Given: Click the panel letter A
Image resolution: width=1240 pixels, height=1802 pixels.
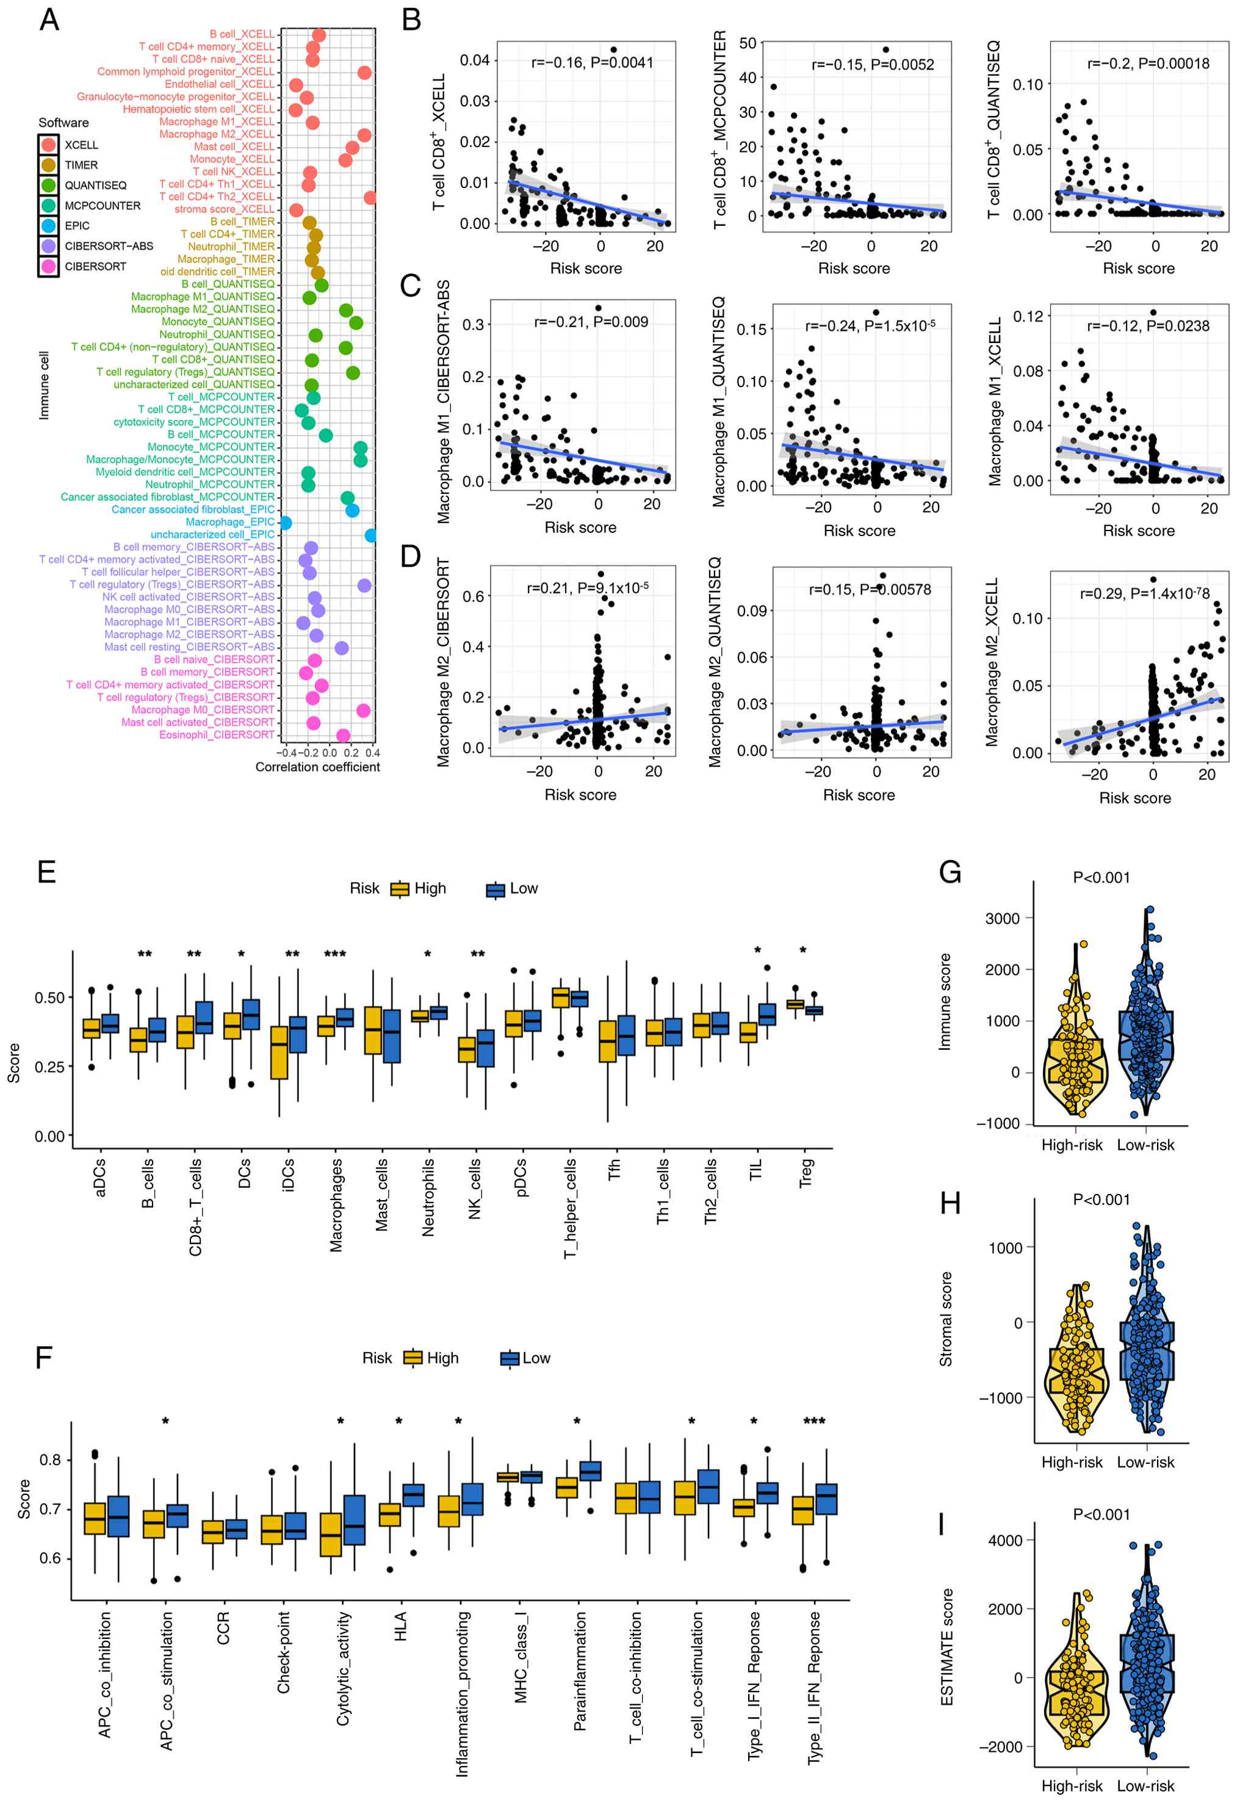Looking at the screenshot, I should point(49,20).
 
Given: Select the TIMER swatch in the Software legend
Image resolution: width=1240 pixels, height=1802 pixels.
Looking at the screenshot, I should point(49,165).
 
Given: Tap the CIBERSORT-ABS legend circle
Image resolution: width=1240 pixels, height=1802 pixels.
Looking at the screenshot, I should point(49,245).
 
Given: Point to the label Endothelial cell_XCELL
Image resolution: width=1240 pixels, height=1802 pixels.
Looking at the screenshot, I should point(219,84).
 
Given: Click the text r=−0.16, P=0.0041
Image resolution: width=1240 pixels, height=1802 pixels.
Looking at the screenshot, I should point(592,63).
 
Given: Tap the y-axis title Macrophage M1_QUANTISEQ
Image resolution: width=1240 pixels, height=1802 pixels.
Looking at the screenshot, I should point(719,402).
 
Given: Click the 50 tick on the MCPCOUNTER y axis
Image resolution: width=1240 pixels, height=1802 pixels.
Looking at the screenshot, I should point(748,43).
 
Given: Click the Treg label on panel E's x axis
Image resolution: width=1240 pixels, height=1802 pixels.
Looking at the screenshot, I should point(807,1173).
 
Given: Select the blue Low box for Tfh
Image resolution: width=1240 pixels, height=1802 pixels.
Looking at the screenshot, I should point(626,1035).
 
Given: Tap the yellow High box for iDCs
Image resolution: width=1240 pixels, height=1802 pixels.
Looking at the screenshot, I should point(279,1052).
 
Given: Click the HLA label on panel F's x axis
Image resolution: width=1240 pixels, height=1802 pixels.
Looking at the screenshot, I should point(401,1626).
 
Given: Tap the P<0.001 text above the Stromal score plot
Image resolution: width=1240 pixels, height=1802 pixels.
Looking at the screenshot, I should point(1101,1200).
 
